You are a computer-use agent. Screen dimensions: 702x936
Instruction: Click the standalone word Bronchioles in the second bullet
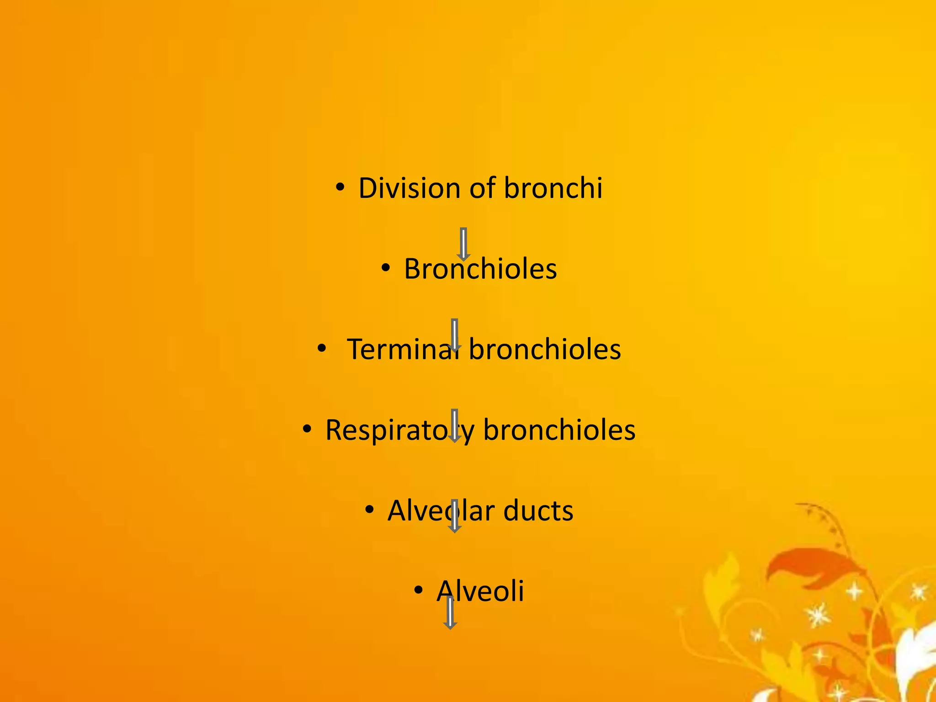(480, 269)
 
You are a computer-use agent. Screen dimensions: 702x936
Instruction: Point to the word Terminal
(402, 350)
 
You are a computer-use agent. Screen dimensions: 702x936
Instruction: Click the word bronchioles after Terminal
(545, 350)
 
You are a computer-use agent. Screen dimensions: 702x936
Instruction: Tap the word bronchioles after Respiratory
(559, 431)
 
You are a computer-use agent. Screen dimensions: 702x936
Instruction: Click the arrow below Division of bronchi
(463, 244)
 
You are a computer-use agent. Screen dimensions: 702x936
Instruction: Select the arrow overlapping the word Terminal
(454, 335)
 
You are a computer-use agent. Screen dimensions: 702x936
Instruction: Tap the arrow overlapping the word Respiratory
(454, 425)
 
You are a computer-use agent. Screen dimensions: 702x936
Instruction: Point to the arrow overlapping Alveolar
(454, 516)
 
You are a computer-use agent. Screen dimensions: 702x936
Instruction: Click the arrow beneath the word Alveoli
(450, 613)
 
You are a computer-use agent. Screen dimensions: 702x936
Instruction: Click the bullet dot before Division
(340, 187)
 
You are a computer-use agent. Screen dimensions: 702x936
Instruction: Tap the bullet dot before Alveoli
(418, 590)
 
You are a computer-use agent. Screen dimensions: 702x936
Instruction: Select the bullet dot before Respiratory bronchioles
(307, 429)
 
